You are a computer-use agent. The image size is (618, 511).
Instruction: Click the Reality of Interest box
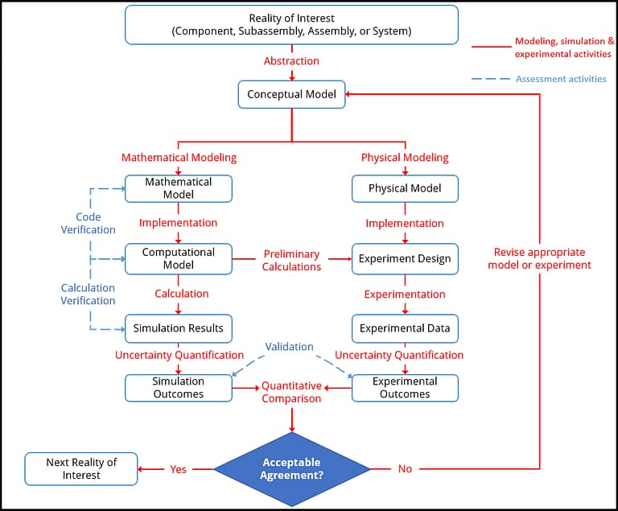pos(291,25)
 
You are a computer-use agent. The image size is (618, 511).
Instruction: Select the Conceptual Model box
pos(291,94)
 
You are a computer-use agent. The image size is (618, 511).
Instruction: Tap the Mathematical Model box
pos(178,188)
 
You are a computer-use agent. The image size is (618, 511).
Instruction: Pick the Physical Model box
pos(405,188)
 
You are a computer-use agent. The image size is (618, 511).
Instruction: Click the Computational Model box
pos(178,258)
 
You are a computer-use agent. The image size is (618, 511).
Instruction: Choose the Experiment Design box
pos(405,258)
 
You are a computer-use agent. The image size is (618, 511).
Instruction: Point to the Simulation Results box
pos(178,328)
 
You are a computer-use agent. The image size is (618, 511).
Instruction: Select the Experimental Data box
pos(405,328)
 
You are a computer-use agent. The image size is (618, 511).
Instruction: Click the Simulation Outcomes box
pos(178,388)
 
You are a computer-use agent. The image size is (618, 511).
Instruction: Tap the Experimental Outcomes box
pos(405,388)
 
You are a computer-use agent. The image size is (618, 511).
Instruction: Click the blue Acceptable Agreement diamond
pos(291,469)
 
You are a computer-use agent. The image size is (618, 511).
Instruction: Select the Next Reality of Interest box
pos(81,469)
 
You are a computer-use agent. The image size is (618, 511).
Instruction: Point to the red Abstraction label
pos(291,61)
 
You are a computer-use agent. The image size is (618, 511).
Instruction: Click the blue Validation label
pos(290,347)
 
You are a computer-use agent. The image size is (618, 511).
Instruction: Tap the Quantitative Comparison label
pos(291,392)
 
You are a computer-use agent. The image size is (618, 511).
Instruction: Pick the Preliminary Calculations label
pos(291,260)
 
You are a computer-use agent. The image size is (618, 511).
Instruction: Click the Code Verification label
pos(89,224)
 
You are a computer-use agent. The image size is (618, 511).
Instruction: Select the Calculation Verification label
pos(89,294)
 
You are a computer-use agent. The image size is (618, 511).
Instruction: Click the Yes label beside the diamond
pos(178,469)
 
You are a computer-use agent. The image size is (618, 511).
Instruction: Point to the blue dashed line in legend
pos(491,79)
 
